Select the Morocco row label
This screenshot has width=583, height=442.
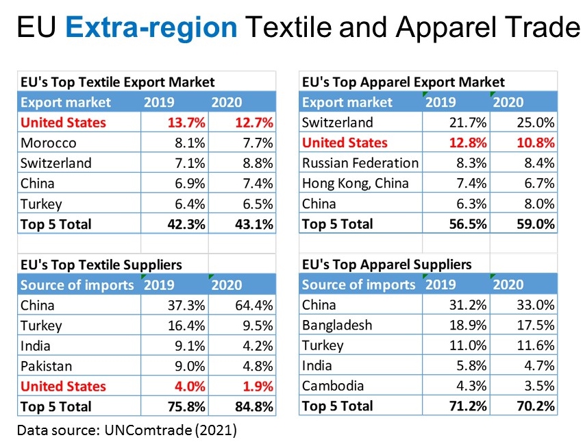49,143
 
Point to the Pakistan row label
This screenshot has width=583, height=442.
47,366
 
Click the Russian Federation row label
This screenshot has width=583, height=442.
360,163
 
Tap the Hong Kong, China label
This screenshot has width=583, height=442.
355,183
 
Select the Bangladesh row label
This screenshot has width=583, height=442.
336,326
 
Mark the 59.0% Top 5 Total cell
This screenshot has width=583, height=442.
534,224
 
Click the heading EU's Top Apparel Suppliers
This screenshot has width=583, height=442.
386,265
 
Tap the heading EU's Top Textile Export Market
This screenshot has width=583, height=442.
116,82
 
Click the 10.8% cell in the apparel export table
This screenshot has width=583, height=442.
534,143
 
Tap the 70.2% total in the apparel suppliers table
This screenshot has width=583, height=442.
534,406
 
